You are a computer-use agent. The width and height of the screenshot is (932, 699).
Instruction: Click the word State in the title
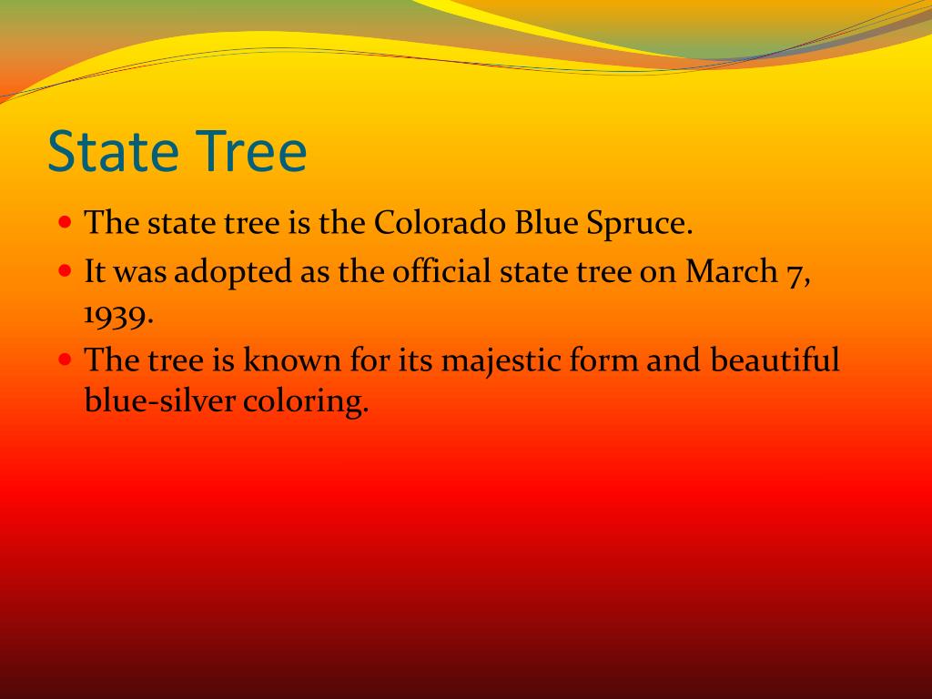(x=113, y=151)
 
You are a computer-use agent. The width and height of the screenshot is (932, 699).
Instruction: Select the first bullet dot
(x=66, y=223)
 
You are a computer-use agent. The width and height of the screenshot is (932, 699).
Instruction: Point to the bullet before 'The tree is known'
(x=66, y=360)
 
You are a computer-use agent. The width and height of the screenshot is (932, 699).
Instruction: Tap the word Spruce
(x=640, y=226)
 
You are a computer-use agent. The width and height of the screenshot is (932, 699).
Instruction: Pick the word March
(x=731, y=271)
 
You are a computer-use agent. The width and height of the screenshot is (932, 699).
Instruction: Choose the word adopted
(x=233, y=273)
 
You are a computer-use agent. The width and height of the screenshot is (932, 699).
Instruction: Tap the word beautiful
(x=775, y=359)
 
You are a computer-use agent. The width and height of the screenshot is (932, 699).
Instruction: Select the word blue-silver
(x=159, y=400)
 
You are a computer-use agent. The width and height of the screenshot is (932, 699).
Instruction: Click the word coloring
(x=306, y=402)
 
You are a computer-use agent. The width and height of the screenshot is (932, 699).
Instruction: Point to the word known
(x=292, y=359)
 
